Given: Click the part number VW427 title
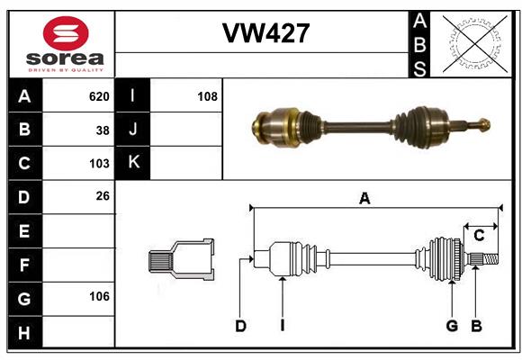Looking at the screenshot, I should click(x=265, y=33).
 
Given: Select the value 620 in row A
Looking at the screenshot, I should click(x=98, y=96).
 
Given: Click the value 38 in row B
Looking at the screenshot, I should click(x=102, y=130).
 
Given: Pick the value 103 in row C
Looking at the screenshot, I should click(x=98, y=163).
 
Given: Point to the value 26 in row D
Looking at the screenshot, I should click(x=102, y=196).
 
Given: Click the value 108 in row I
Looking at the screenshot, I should click(x=207, y=96).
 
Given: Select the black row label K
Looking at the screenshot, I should click(x=133, y=163).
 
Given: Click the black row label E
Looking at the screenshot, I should click(x=24, y=230).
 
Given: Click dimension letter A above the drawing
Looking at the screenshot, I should click(x=364, y=199).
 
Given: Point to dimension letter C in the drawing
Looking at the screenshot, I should click(x=479, y=235).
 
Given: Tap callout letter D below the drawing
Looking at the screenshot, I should click(x=240, y=326).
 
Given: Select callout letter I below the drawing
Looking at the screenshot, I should click(x=282, y=326).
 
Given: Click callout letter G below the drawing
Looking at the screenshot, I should click(x=452, y=326).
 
